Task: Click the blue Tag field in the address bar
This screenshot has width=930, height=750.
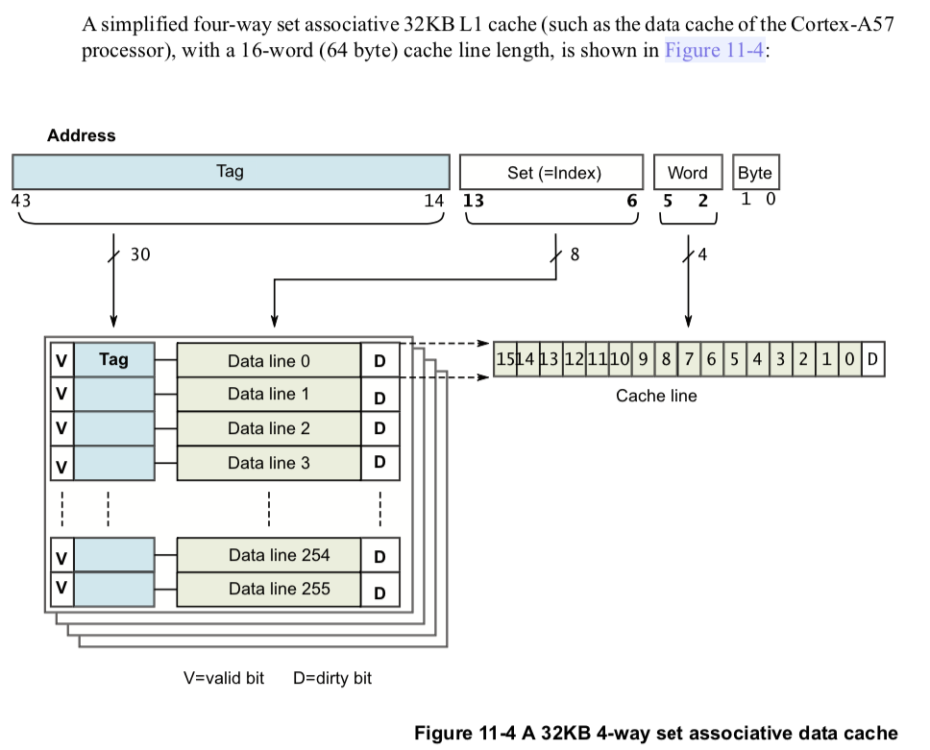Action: click(x=231, y=172)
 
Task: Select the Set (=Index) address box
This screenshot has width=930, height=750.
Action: click(x=551, y=173)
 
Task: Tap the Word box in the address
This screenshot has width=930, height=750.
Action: click(x=687, y=173)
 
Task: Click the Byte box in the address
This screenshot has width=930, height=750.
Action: click(x=755, y=173)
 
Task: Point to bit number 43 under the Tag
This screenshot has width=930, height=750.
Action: click(x=20, y=201)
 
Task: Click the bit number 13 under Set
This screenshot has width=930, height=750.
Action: click(x=474, y=201)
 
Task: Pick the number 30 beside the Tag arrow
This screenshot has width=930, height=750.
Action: click(x=140, y=254)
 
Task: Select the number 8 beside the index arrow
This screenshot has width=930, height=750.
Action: click(x=574, y=254)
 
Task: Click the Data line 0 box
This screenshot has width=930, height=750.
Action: click(x=268, y=361)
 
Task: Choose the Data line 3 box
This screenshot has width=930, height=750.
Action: click(x=268, y=463)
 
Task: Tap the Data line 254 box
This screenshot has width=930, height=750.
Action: click(x=268, y=555)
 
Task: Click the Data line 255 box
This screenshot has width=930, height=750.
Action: click(x=268, y=589)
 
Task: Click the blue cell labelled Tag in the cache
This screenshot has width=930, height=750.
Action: click(x=113, y=360)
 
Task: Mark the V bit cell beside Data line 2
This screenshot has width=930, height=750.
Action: click(x=61, y=429)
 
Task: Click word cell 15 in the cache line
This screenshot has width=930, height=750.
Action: click(x=504, y=359)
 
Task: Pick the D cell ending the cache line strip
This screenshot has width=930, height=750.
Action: click(x=872, y=359)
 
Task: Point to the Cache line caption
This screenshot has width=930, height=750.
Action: click(x=656, y=396)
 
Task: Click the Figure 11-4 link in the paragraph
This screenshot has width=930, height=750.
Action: click(x=714, y=50)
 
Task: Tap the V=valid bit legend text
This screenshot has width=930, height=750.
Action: click(x=223, y=678)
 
